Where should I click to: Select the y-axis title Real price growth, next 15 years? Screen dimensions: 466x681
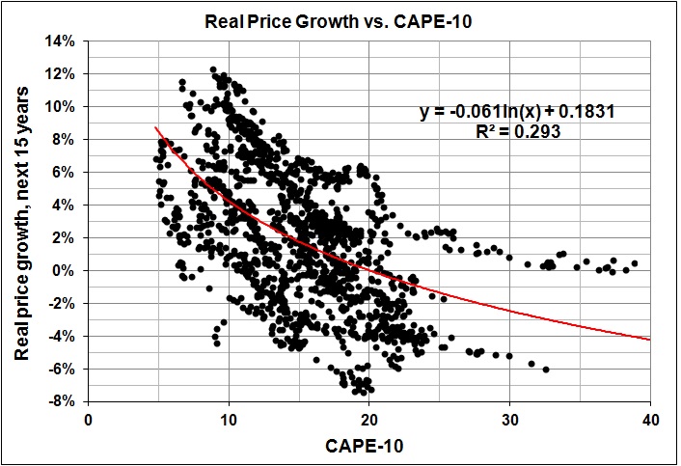(22, 219)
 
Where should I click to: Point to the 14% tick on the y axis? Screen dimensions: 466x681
(69, 41)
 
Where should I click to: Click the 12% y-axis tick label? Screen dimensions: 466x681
(69, 73)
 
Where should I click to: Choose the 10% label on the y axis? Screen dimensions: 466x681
(69, 106)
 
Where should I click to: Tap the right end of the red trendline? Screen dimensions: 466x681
(649, 340)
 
